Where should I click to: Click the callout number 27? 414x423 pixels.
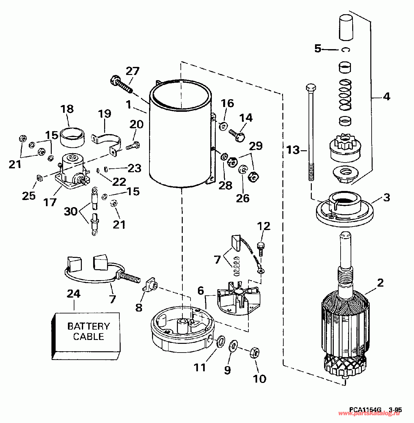[x=132, y=71]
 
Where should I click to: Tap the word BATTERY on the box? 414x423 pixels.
[x=89, y=326]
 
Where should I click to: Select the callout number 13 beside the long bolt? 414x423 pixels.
[x=293, y=150]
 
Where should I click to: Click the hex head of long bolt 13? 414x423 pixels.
[x=310, y=88]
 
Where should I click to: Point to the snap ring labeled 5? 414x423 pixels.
[x=346, y=49]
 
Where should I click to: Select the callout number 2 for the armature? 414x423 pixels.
[x=380, y=283]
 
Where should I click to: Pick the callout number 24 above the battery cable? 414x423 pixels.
[x=74, y=294]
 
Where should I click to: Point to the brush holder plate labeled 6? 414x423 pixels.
[x=238, y=299]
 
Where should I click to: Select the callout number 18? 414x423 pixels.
[x=67, y=109]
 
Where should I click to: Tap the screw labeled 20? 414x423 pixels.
[x=133, y=146]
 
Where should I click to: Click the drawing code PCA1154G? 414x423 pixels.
[x=365, y=410]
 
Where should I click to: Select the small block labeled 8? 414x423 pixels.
[x=150, y=285]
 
